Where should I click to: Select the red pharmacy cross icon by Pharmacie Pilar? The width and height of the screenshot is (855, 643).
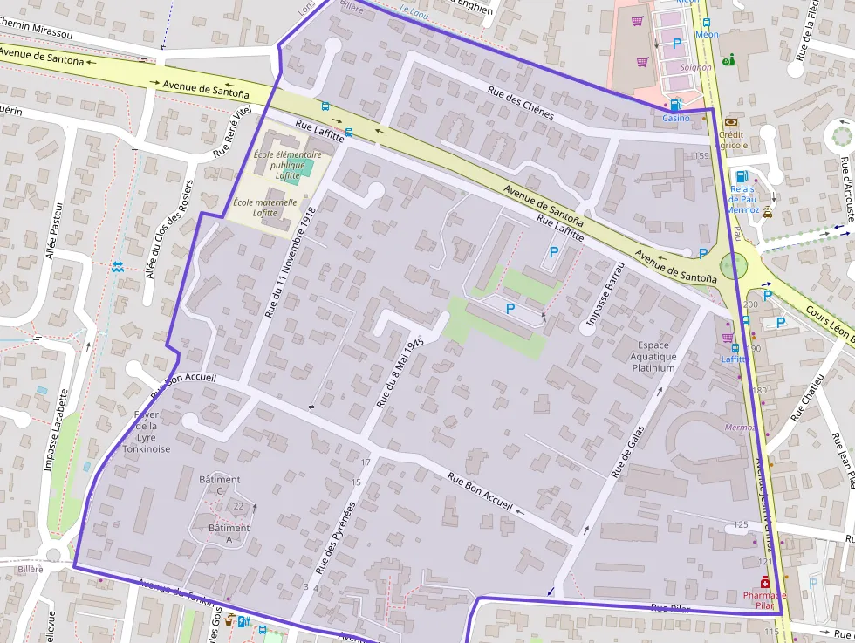tap(765, 583)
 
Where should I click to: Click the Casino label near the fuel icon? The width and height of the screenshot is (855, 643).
tap(675, 118)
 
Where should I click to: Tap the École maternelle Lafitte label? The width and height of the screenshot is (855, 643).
tap(255, 208)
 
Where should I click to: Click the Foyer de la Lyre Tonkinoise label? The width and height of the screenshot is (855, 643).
tap(146, 432)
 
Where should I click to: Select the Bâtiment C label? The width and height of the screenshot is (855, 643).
tap(220, 485)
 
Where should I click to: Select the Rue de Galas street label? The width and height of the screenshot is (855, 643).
tap(628, 452)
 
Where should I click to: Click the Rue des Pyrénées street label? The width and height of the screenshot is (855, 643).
tap(336, 537)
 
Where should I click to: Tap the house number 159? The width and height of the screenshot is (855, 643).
tap(701, 156)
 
